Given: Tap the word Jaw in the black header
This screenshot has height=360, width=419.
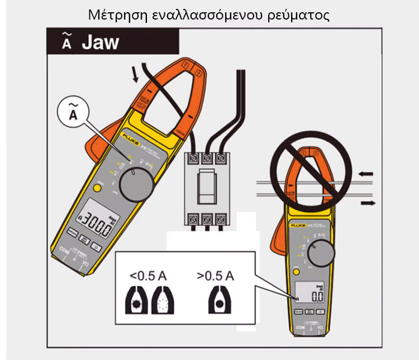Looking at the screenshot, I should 101,42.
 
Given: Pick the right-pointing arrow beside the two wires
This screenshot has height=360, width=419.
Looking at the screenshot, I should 368,203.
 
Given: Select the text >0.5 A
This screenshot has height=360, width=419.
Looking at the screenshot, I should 216,275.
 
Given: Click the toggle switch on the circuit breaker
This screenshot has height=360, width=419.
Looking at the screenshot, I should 207,186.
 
